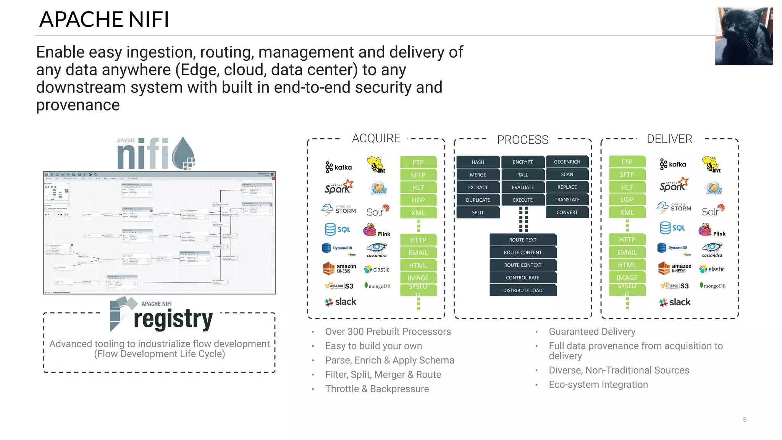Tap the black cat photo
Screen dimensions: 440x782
pyautogui.click(x=744, y=36)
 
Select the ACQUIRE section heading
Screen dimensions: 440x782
pyautogui.click(x=376, y=138)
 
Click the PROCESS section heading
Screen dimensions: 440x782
pyautogui.click(x=522, y=140)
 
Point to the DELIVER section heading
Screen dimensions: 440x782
pyautogui.click(x=669, y=139)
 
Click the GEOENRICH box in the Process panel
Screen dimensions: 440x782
pyautogui.click(x=567, y=162)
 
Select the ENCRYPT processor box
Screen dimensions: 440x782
pyautogui.click(x=523, y=162)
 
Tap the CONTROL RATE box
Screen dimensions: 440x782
pyautogui.click(x=523, y=278)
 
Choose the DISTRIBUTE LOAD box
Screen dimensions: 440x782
pyautogui.click(x=523, y=290)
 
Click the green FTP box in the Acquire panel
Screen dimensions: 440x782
pyautogui.click(x=418, y=162)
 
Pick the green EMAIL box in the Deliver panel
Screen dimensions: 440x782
pyautogui.click(x=627, y=252)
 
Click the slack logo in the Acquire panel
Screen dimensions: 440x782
pyautogui.click(x=340, y=302)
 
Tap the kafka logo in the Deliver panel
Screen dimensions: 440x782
pyautogui.click(x=673, y=164)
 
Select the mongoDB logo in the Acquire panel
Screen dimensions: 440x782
pyautogui.click(x=378, y=286)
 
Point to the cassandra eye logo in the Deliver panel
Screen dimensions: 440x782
pyautogui.click(x=712, y=249)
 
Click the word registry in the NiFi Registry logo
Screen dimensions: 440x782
pyautogui.click(x=173, y=319)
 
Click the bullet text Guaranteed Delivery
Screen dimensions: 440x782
pyautogui.click(x=592, y=332)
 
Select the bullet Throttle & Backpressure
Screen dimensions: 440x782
pyautogui.click(x=377, y=389)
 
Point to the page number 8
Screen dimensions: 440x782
pyautogui.click(x=745, y=419)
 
